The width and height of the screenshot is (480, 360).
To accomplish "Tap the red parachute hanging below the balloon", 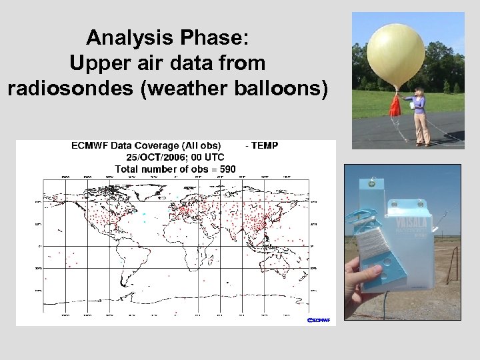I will tap(395, 105).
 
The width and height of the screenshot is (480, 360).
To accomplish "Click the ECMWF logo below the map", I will tap(320, 320).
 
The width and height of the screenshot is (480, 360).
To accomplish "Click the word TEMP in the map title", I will tap(264, 145).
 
